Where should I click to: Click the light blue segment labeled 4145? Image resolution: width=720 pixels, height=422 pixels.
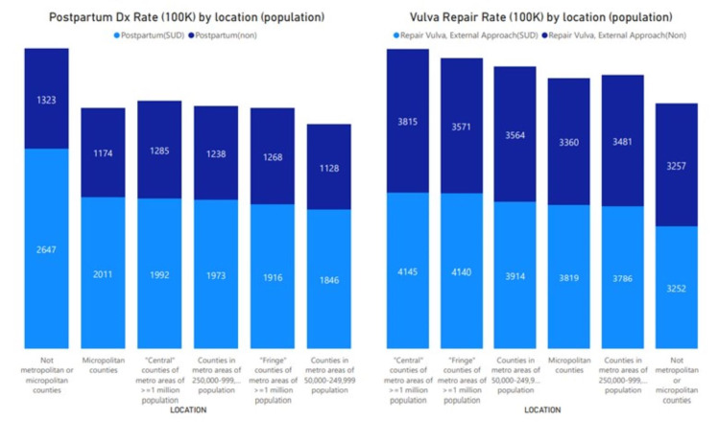tap(407, 271)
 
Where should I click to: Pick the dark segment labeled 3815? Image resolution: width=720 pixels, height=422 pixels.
tap(407, 121)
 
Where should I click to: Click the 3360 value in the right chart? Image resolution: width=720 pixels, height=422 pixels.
tap(569, 142)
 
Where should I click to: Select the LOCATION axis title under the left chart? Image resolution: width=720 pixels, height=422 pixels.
tap(188, 410)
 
